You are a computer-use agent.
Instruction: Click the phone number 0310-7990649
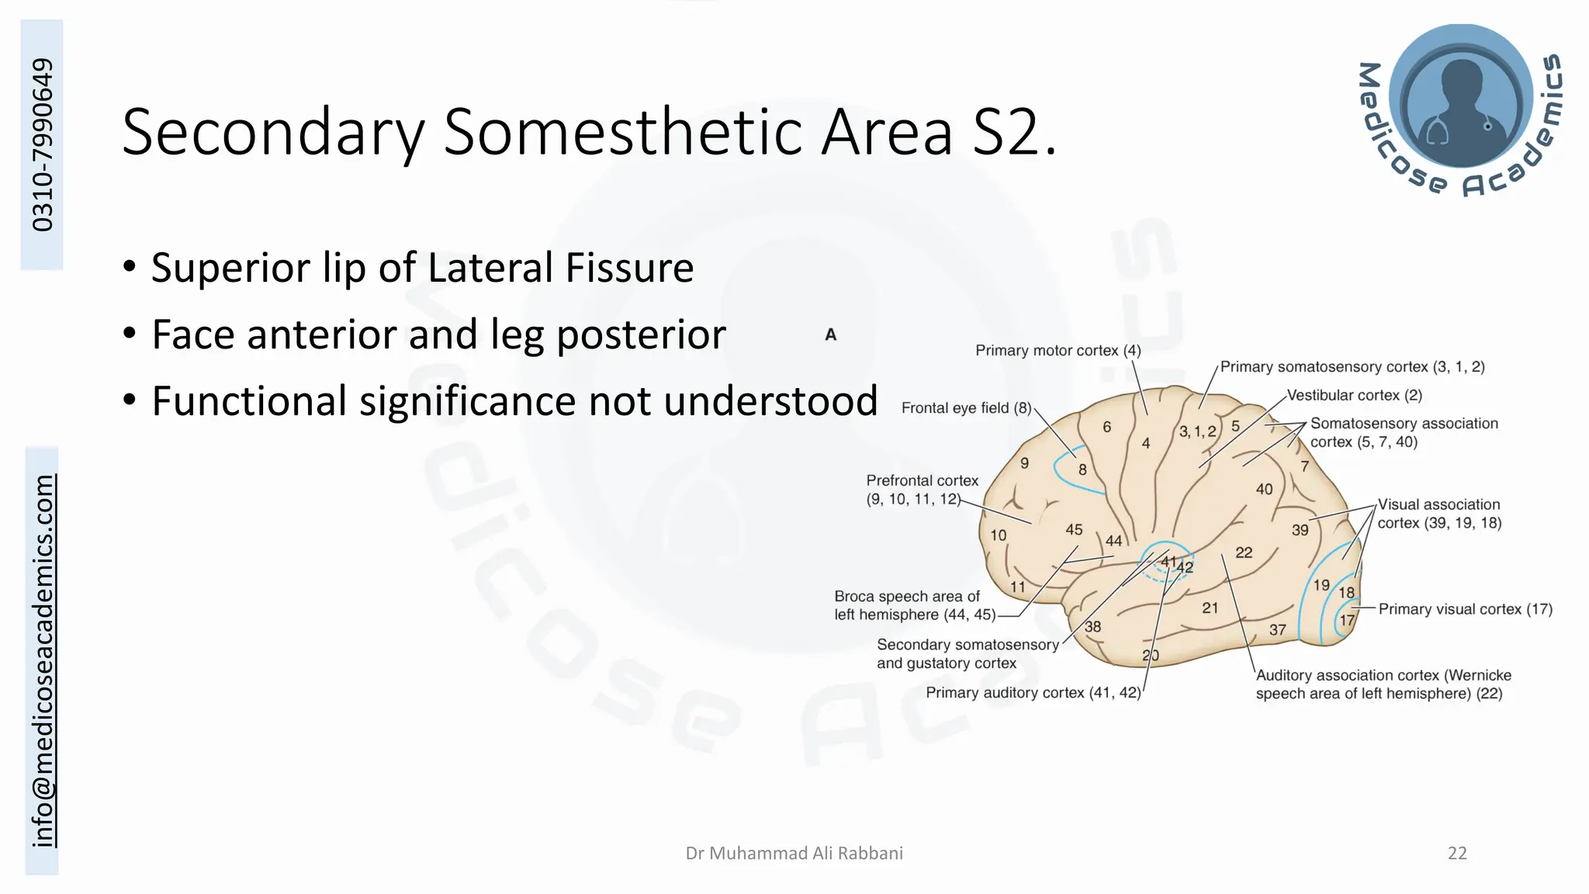click(43, 144)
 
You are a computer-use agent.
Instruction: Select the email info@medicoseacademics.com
click(43, 660)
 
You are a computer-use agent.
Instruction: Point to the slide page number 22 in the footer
click(1457, 854)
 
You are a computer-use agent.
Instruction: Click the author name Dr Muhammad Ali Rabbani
click(794, 854)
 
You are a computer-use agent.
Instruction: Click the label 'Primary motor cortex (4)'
click(1058, 351)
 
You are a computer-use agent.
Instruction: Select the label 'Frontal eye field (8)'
click(966, 408)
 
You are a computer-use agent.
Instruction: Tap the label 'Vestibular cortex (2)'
click(1354, 395)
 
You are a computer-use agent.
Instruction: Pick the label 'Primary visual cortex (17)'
click(1465, 609)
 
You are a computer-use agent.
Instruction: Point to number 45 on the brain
click(1074, 529)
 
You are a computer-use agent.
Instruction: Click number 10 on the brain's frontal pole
click(998, 535)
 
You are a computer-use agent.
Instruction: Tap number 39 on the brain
click(1300, 530)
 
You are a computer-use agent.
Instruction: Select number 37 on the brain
click(1277, 630)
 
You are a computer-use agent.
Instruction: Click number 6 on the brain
click(1106, 427)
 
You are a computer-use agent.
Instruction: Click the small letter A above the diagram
click(830, 335)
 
